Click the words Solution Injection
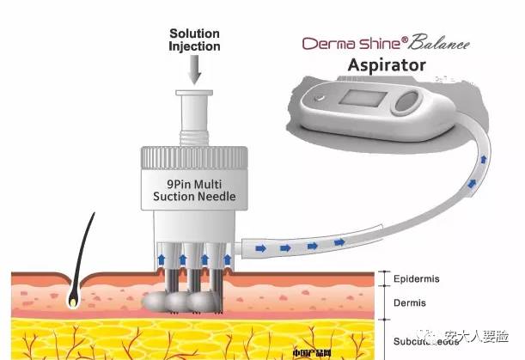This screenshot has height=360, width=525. point(193,40)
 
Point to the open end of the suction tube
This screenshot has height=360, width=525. point(245,247)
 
